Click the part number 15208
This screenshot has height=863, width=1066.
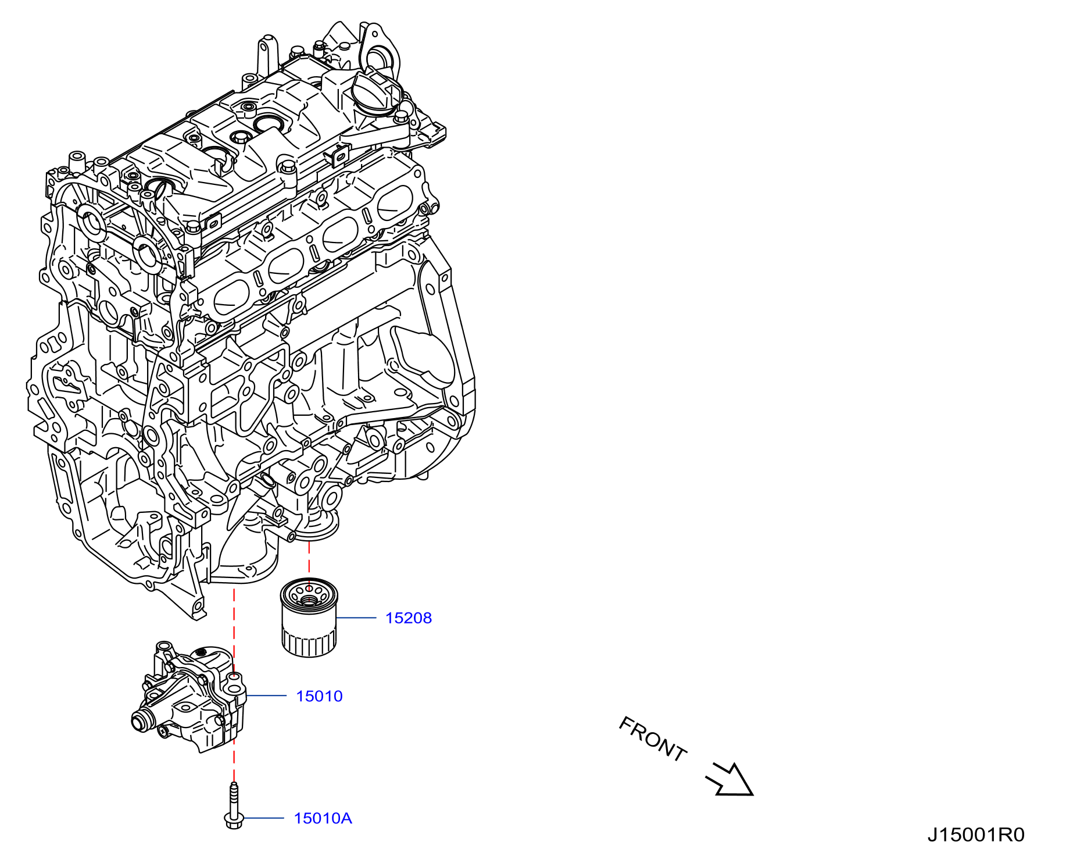pyautogui.click(x=409, y=618)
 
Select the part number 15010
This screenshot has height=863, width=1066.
pyautogui.click(x=319, y=696)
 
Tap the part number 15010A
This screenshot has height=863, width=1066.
pyautogui.click(x=323, y=818)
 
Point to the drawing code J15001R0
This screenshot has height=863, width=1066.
pyautogui.click(x=976, y=835)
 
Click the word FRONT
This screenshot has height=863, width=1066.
pyautogui.click(x=653, y=739)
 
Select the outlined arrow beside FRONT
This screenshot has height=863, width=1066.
pyautogui.click(x=729, y=779)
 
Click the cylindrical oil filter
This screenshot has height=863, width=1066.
pyautogui.click(x=309, y=617)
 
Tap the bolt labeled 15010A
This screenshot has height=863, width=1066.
pyautogui.click(x=234, y=805)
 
